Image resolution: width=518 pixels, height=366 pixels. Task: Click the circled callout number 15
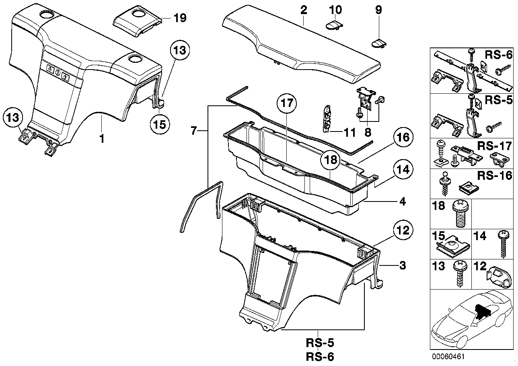[159, 124]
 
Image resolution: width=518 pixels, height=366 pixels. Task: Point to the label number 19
[180, 19]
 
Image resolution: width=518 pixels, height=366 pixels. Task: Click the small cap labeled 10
[333, 25]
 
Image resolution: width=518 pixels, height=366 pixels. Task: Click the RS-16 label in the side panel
[495, 175]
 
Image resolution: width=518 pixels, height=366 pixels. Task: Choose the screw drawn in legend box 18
[458, 214]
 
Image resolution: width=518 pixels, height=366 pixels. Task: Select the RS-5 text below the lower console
[319, 344]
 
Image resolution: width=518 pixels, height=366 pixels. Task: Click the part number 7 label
[194, 130]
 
